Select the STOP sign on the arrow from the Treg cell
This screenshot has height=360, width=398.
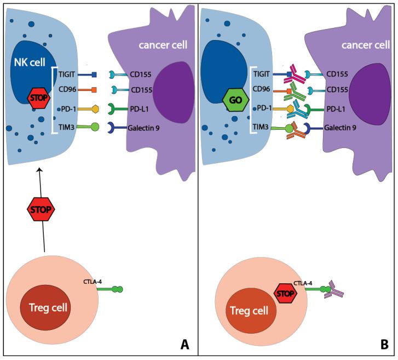coord(43,209)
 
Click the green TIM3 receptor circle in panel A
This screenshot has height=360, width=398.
coord(94,127)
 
